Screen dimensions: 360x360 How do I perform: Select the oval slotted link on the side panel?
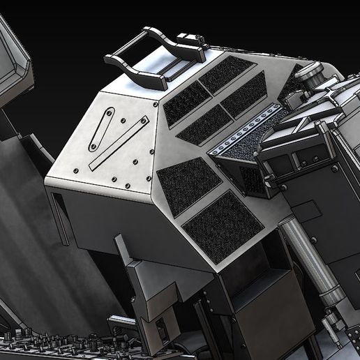[x=102, y=128]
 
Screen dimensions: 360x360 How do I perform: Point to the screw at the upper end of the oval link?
[x=110, y=112]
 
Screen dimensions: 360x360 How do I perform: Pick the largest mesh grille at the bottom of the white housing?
[x=222, y=226]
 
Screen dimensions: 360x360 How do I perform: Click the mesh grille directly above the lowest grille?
[x=188, y=184]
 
